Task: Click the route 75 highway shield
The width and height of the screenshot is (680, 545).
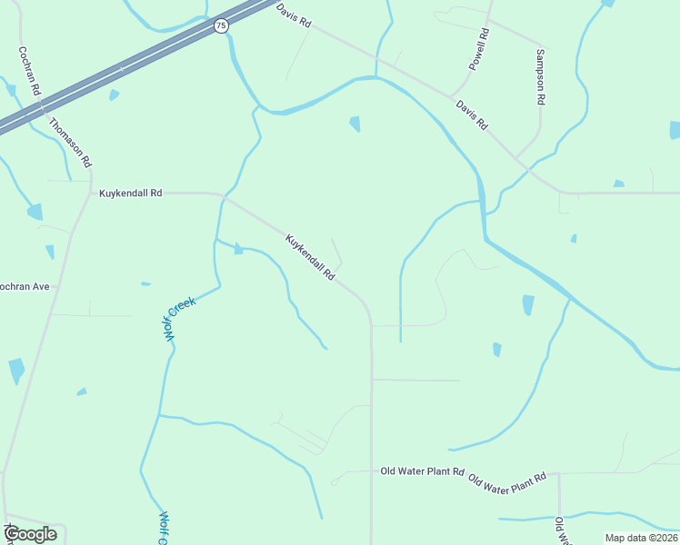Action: pos(221,26)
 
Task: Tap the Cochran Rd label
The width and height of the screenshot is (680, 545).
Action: pos(29,72)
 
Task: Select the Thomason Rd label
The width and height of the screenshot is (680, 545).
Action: pos(70,143)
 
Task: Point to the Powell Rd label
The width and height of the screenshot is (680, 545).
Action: pos(479,49)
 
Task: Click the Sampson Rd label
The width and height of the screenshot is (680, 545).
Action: pos(540,77)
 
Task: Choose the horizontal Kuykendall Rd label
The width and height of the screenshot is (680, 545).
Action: pos(130,193)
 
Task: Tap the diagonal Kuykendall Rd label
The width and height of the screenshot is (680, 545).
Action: pos(311,257)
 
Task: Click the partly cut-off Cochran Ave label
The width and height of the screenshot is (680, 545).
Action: pos(24,286)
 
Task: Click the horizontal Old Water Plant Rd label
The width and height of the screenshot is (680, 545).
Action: pos(423,471)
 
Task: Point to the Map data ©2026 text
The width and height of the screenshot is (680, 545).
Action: pos(641,538)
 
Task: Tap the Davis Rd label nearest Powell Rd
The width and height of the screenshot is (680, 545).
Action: pos(473,115)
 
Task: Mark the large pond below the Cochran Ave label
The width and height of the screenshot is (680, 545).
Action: pos(16,370)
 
